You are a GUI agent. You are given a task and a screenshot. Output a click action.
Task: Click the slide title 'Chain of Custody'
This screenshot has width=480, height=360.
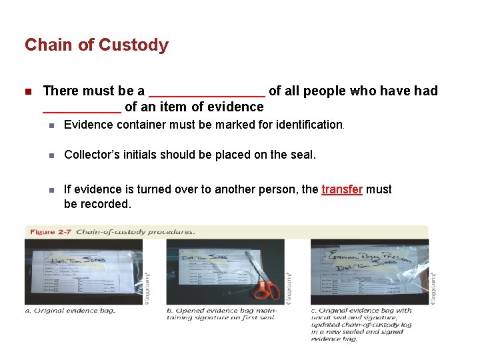tap(97, 45)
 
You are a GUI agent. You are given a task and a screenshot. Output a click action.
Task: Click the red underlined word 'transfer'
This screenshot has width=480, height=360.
tap(341, 189)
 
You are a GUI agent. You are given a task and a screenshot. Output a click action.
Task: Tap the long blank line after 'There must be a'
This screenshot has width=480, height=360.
tap(207, 92)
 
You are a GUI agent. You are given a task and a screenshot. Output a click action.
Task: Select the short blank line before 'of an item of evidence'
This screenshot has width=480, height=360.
tap(81, 108)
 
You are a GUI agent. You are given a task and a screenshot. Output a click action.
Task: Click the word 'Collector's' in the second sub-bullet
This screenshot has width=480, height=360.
tap(90, 155)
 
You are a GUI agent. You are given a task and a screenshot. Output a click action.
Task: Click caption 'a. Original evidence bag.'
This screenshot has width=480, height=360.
tap(70, 310)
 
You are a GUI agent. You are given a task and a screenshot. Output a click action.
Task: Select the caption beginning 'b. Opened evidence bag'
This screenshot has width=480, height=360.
tap(221, 313)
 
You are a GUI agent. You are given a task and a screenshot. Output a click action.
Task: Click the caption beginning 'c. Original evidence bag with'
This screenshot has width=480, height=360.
tap(361, 324)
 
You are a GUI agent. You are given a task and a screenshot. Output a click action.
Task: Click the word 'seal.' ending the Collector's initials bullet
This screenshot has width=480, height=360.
tap(303, 155)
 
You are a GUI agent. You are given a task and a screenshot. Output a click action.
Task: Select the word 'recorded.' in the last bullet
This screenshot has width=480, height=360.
tap(107, 204)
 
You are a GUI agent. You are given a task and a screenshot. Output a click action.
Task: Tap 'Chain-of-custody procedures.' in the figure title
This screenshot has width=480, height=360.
tap(135, 232)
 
